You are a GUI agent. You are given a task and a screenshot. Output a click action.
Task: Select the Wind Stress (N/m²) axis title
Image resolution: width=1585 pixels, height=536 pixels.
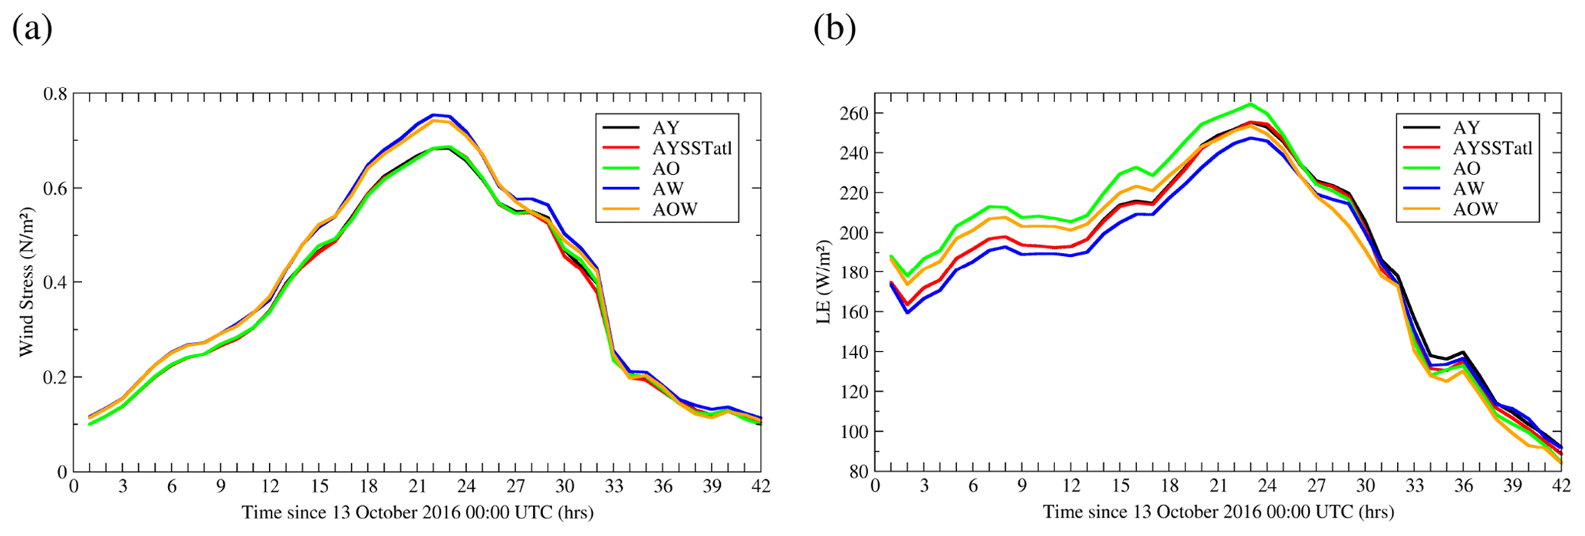(x=28, y=282)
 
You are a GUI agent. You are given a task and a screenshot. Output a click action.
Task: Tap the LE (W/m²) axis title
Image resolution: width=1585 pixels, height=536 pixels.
(x=824, y=282)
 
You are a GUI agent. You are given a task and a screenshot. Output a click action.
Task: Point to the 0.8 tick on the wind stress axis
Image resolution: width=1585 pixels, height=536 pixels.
(x=55, y=94)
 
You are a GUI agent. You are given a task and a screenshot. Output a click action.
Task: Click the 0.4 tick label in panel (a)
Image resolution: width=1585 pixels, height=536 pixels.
(x=55, y=283)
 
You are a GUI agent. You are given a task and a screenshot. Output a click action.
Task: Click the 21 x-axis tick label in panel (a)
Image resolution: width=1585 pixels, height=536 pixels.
(x=417, y=487)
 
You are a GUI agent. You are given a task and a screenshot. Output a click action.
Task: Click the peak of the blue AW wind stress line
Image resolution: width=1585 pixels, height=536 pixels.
(x=433, y=115)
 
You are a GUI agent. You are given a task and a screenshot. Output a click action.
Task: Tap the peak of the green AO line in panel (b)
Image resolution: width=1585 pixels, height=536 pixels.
(x=1251, y=104)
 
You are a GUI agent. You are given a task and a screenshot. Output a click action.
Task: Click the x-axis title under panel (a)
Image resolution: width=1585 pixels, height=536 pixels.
(x=417, y=512)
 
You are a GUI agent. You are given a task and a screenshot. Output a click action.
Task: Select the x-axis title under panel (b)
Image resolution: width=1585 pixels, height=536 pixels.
(x=1218, y=512)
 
